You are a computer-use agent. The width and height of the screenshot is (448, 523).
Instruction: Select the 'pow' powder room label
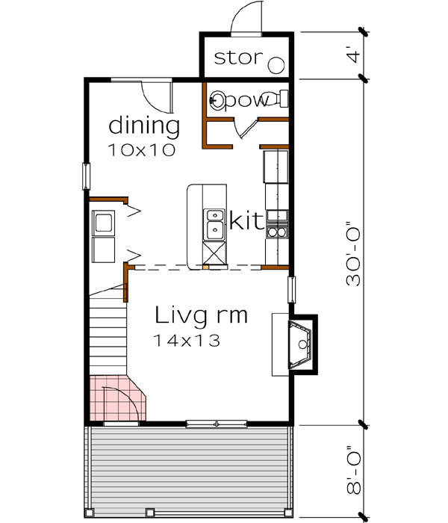[x=246, y=101]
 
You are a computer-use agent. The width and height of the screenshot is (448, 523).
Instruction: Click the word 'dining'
[x=144, y=125]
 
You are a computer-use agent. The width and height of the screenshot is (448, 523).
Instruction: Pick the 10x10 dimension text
[x=141, y=149]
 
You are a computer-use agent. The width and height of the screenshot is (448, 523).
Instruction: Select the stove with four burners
[x=277, y=223]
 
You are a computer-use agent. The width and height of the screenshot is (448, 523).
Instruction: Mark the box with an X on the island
[x=214, y=255]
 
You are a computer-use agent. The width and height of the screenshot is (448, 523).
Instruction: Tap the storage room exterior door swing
[x=246, y=19]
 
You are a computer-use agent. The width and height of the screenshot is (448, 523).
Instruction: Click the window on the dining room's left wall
[x=87, y=176]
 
